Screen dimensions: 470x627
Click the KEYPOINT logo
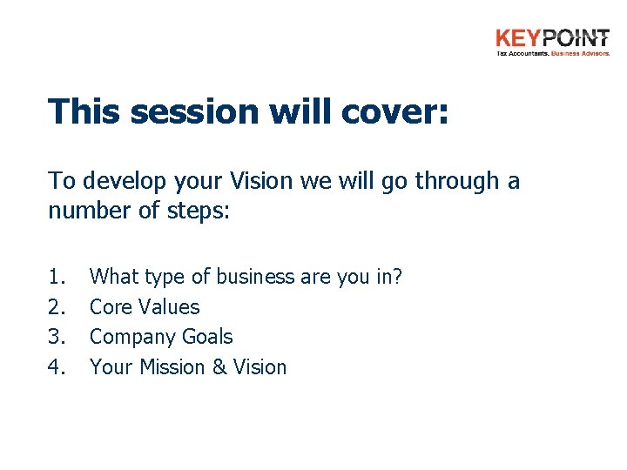(552, 41)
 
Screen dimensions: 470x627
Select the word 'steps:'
(200, 211)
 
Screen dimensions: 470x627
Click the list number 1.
(57, 277)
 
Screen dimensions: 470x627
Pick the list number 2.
(57, 307)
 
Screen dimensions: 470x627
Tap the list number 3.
(57, 337)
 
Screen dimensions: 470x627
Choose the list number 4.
(57, 367)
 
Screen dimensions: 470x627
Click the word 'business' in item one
(254, 277)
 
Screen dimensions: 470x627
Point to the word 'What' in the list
(114, 277)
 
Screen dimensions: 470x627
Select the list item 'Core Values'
(145, 307)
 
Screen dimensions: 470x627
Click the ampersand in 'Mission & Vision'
(215, 367)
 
